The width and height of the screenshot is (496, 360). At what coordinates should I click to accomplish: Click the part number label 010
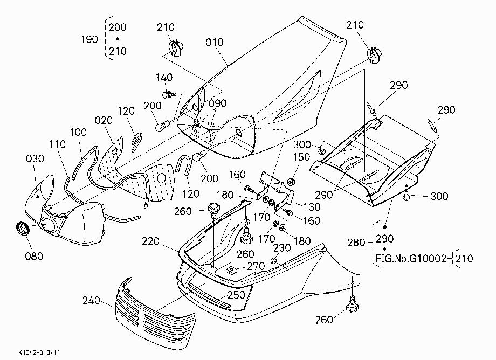click(x=214, y=43)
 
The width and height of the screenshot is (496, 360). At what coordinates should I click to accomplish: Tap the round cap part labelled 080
click(x=22, y=228)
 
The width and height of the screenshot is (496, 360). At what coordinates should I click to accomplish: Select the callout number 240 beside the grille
click(x=91, y=301)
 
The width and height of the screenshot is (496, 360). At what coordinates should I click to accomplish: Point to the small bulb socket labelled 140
click(x=169, y=94)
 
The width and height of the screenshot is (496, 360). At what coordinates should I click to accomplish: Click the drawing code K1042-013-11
click(x=39, y=352)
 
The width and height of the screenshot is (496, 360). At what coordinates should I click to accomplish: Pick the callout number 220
click(x=150, y=242)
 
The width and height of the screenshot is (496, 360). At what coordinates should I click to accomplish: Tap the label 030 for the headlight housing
click(x=35, y=158)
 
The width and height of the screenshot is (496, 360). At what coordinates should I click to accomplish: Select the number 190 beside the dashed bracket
click(x=89, y=39)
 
